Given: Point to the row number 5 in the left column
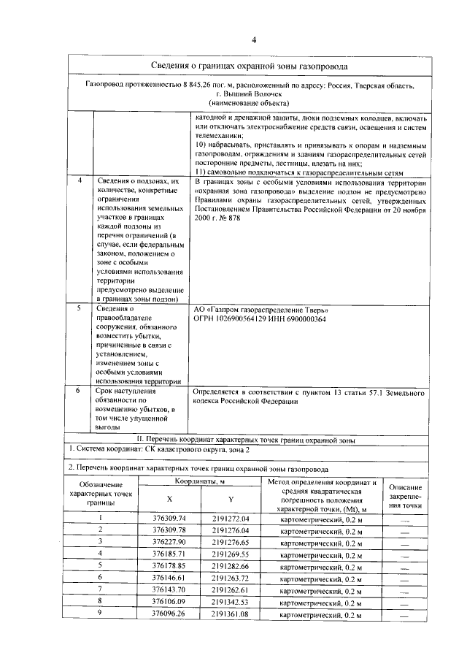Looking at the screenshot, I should pos(79,310).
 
